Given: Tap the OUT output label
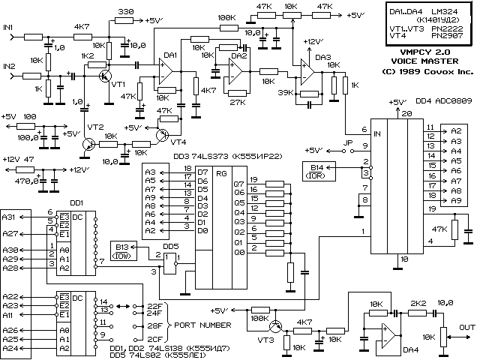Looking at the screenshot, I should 467,327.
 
